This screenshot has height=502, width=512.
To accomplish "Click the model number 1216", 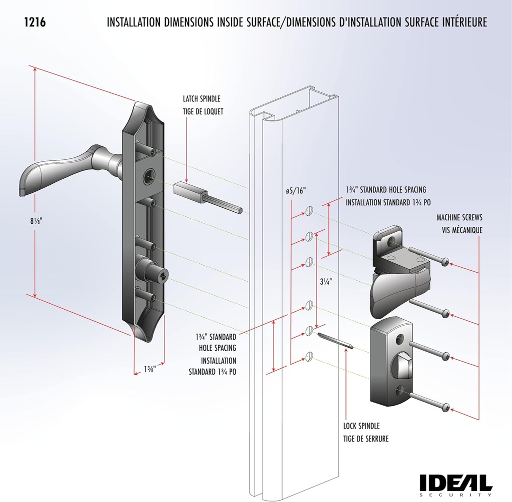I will (34, 22).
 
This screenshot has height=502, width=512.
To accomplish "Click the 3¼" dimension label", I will (326, 281).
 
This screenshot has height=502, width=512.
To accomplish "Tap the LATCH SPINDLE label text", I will (201, 99).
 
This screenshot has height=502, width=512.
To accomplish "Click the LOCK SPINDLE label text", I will (361, 426).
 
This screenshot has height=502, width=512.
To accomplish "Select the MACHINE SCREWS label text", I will (459, 218).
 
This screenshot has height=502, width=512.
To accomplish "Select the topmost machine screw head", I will (445, 260).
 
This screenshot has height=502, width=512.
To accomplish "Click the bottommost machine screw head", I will (445, 407).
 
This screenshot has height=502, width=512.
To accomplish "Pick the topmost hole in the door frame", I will (309, 212).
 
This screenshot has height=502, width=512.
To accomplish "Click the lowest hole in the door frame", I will (309, 356).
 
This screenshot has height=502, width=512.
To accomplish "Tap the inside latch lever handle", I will (400, 295).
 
